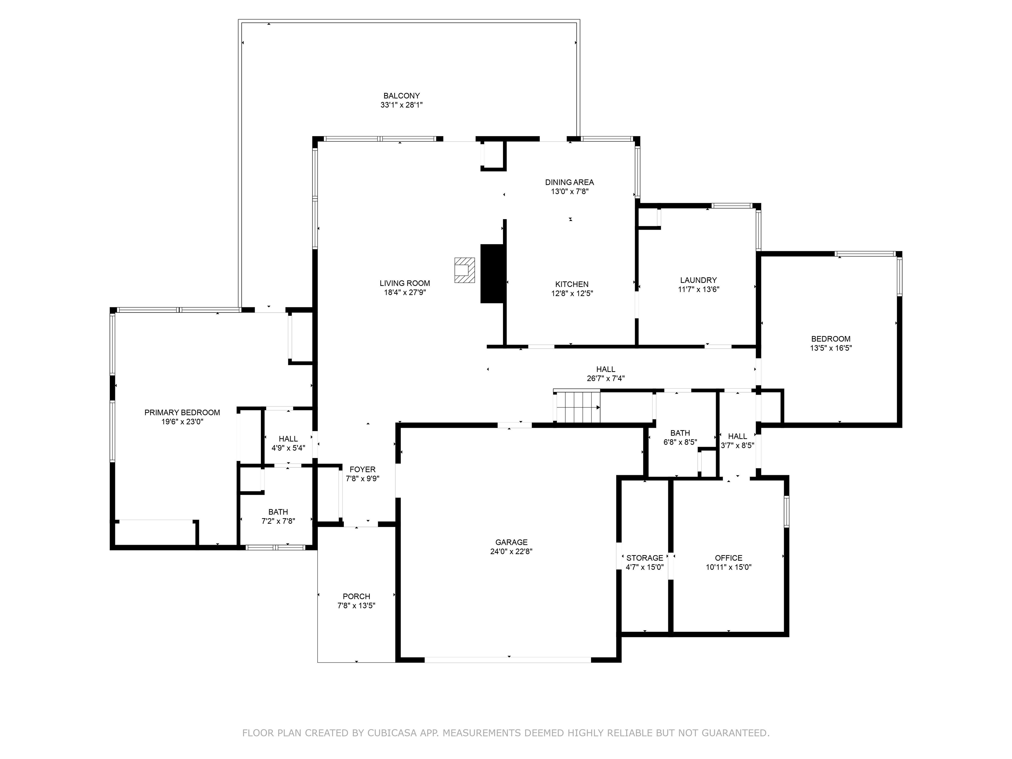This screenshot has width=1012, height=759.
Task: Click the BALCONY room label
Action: click(401, 96)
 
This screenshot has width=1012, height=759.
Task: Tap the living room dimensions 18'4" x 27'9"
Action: click(405, 292)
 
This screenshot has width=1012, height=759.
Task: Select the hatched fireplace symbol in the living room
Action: click(464, 270)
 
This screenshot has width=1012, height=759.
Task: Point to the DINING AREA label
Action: click(570, 182)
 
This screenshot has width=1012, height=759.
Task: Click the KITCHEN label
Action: click(572, 284)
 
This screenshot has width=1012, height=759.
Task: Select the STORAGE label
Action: click(645, 558)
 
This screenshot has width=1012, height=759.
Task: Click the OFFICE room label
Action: click(729, 558)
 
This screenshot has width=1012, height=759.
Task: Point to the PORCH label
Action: click(356, 596)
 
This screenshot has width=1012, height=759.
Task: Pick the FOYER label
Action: click(362, 469)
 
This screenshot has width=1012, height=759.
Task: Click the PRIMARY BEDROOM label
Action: click(182, 412)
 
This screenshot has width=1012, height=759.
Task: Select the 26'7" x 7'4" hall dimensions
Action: click(606, 379)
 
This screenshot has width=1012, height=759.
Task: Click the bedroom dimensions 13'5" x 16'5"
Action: click(831, 348)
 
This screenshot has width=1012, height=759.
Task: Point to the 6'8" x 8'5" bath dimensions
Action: click(680, 442)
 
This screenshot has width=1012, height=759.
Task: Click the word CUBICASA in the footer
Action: click(392, 733)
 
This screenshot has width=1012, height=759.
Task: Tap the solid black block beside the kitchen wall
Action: click(492, 273)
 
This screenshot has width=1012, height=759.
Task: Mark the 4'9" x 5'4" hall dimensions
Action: click(288, 448)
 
